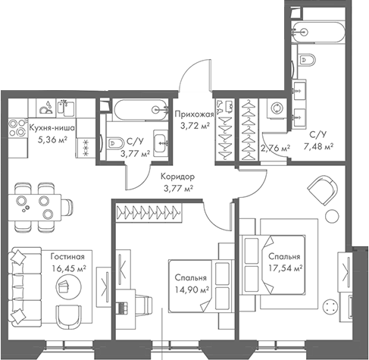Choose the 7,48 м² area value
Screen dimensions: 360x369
pos(319,147)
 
